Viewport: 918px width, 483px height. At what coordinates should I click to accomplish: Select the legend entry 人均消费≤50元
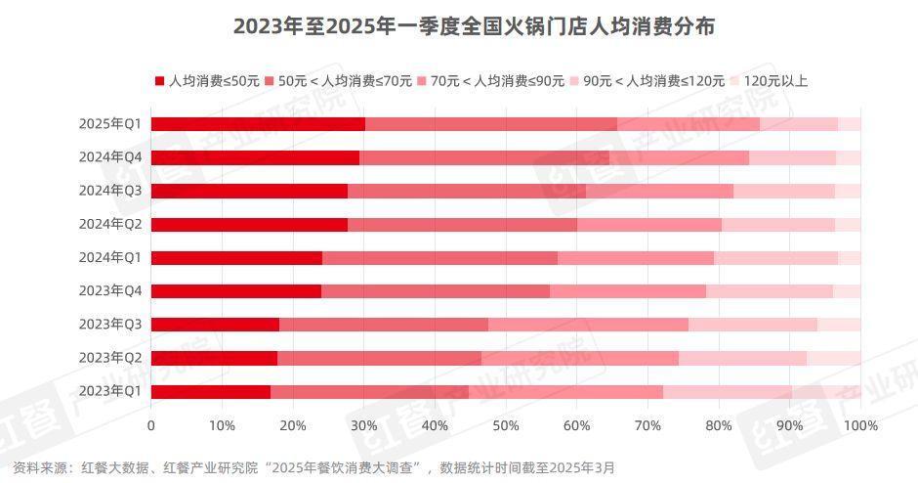(x=207, y=81)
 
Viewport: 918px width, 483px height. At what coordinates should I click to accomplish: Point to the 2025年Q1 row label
(x=111, y=124)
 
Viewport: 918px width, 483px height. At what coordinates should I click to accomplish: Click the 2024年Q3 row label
(x=111, y=191)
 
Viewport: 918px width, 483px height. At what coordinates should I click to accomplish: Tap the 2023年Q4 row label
(x=111, y=291)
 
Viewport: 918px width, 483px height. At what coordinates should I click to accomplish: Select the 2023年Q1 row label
(x=111, y=391)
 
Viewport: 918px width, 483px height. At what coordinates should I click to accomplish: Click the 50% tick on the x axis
(x=506, y=426)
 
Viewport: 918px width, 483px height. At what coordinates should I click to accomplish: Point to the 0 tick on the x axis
(x=151, y=426)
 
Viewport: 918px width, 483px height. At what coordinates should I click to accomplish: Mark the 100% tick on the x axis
(x=859, y=426)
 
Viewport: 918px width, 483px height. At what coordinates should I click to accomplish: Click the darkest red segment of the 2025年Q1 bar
(x=258, y=124)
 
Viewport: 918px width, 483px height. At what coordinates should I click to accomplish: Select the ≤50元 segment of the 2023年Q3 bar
(x=215, y=325)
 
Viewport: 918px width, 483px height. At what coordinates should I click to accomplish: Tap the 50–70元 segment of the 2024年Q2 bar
(x=462, y=225)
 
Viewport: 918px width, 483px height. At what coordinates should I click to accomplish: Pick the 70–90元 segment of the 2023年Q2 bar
(x=579, y=358)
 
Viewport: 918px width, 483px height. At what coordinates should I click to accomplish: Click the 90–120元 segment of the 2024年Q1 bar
(x=775, y=258)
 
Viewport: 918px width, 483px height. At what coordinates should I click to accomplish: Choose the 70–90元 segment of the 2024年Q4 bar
(x=679, y=157)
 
